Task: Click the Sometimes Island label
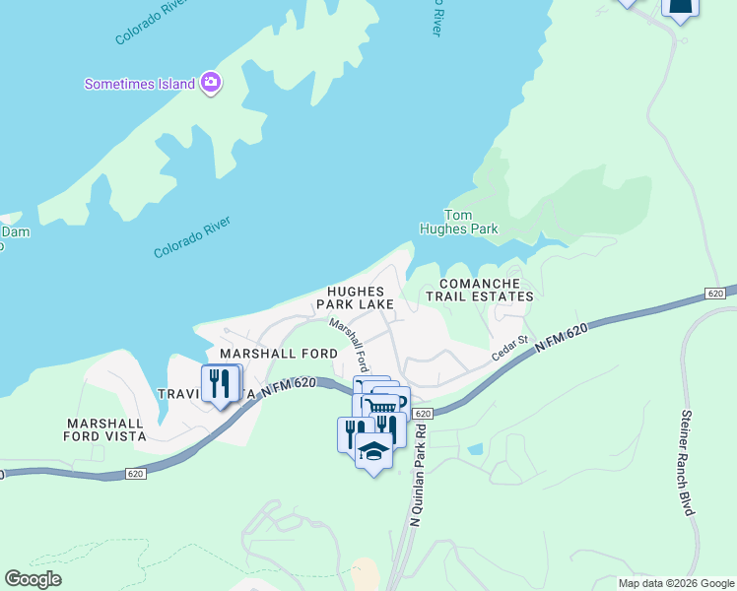(139, 84)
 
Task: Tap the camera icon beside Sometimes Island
(210, 83)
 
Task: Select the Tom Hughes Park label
(472, 222)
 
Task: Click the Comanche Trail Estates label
(479, 290)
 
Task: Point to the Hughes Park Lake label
(361, 298)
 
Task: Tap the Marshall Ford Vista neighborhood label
(105, 428)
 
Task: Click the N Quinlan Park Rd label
(415, 473)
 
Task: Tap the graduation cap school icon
(373, 452)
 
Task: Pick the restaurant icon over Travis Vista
(222, 381)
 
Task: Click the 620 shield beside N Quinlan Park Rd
(422, 414)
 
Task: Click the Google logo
(33, 579)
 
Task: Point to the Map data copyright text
(676, 583)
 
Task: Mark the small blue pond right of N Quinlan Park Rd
(476, 449)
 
